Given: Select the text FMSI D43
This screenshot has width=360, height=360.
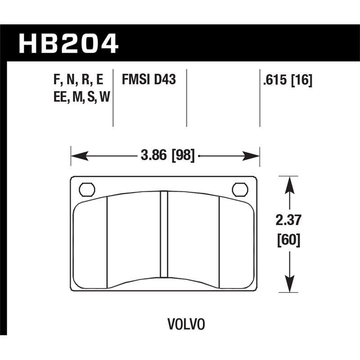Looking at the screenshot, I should tap(148, 81).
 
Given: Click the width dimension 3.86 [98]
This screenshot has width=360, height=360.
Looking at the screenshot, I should tap(167, 156).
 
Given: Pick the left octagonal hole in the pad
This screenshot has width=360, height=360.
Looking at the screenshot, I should tap(86, 189).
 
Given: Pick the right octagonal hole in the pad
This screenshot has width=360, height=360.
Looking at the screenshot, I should tap(240, 189).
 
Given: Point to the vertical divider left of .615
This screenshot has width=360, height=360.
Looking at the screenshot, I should tap(260, 98).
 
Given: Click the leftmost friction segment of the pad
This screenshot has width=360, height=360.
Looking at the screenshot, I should tap(90, 243).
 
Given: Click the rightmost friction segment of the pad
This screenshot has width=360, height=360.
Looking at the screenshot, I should tap(237, 243).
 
